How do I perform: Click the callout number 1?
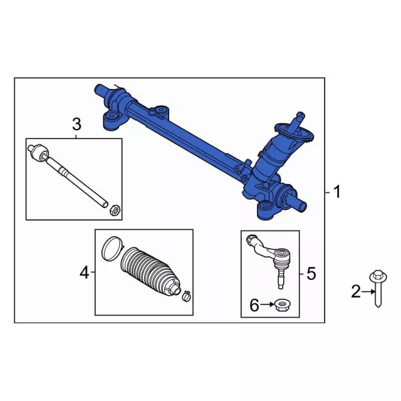[x=337, y=192]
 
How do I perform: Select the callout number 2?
[x=356, y=291]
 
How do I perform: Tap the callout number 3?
[x=76, y=123]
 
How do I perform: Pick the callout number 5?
[x=311, y=273]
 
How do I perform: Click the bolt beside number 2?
[x=377, y=294]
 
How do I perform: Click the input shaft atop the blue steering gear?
[x=300, y=117]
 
